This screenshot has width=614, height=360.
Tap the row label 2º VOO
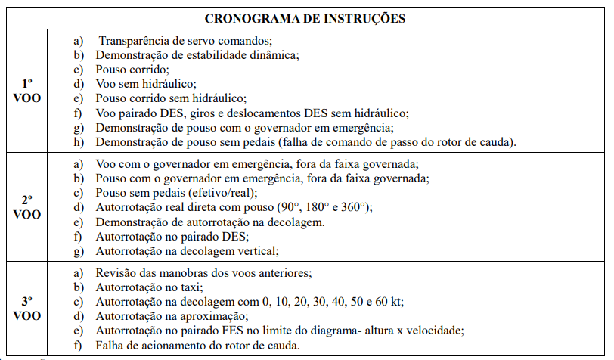pyautogui.click(x=27, y=207)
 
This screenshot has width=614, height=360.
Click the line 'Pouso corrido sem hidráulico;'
pyautogui.click(x=172, y=98)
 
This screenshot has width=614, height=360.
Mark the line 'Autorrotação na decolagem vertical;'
pyautogui.click(x=188, y=251)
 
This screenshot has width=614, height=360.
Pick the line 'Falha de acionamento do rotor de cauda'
pyautogui.click(x=197, y=346)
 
